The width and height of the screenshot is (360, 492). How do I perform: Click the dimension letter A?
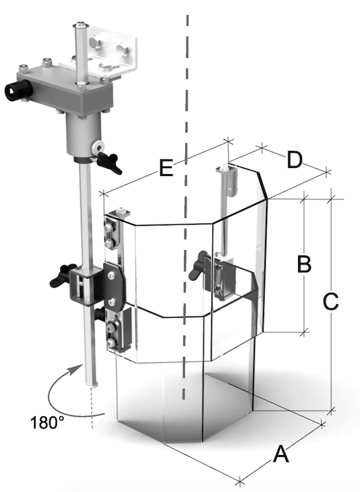pyautogui.click(x=281, y=455)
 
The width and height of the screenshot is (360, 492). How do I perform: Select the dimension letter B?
pyautogui.click(x=304, y=264)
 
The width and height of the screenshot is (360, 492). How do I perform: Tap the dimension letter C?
pyautogui.click(x=330, y=302)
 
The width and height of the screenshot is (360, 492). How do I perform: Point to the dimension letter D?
pyautogui.click(x=294, y=160)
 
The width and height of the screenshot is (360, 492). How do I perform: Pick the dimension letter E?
pyautogui.click(x=166, y=168)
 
